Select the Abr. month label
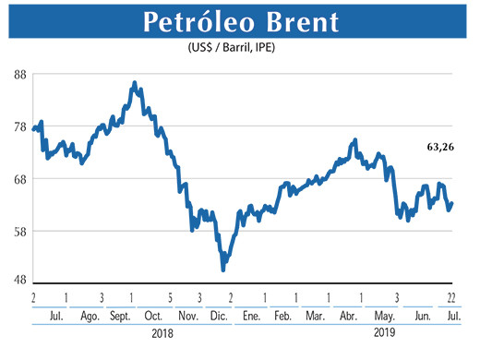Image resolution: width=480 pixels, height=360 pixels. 348,317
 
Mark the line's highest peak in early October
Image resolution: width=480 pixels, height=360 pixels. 135,83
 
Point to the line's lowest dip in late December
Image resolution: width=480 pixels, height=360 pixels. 223,269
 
